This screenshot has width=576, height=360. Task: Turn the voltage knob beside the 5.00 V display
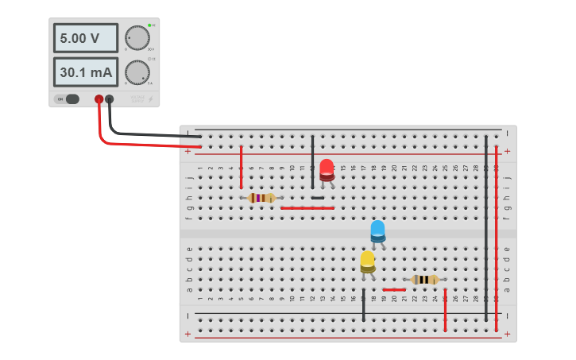point(137,37)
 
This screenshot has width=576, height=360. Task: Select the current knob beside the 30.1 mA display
point(137,72)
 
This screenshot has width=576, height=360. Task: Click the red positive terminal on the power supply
point(99,99)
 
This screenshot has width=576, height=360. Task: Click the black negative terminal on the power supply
point(110,99)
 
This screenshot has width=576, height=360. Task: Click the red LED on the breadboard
point(327,169)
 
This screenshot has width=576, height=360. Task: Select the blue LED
point(377,231)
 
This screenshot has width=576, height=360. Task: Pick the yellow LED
point(367,262)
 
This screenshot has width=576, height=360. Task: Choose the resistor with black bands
point(425,280)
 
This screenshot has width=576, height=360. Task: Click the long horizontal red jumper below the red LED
point(307,208)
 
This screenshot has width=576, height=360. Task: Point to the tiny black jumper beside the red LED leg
point(318,198)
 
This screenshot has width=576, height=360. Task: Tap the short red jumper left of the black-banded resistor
point(394,290)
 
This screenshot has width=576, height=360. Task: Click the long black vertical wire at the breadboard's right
point(486,226)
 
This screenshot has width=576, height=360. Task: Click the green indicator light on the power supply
point(149,25)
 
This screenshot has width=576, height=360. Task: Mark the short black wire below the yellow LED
point(364,305)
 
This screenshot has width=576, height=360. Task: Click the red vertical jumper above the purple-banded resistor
point(242,167)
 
